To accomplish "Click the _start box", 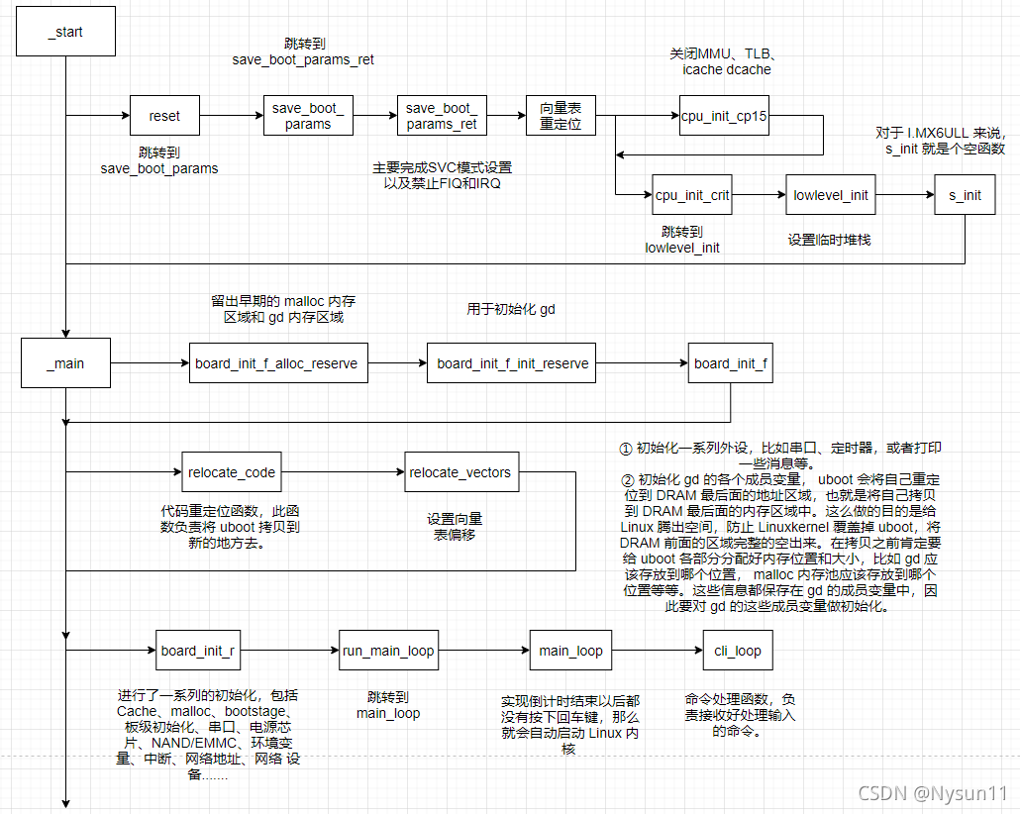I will tap(65, 32).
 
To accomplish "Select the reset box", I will tap(164, 116).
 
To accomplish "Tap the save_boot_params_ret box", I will tap(441, 116).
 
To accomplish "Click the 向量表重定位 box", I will tap(560, 116).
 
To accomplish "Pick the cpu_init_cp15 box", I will tap(724, 116).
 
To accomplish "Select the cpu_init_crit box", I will tap(692, 195).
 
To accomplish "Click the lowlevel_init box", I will tap(830, 195).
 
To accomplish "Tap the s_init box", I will tap(965, 195).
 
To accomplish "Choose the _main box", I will tap(65, 363).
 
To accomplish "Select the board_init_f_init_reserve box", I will tap(512, 363).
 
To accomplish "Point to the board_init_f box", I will tap(730, 363).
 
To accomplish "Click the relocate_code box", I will tap(232, 472).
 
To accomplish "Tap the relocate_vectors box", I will tap(460, 472).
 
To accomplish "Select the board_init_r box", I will tap(198, 651).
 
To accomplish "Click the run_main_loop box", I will tap(388, 651).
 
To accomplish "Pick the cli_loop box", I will tap(738, 651).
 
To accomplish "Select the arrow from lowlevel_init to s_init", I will tap(904, 195).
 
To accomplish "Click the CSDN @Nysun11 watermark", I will tap(932, 793).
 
